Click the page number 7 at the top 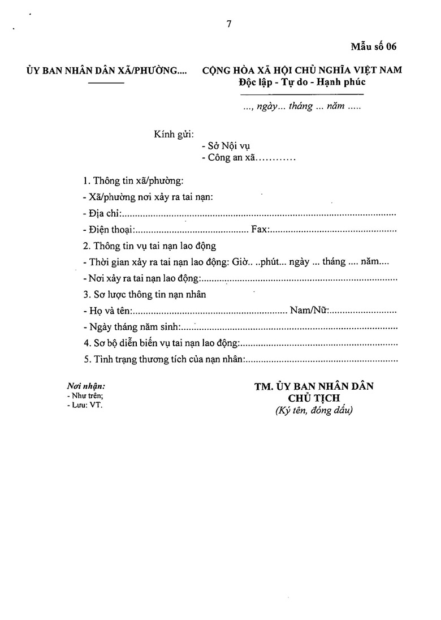pyautogui.click(x=229, y=24)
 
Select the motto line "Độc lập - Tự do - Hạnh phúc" pyautogui.click(x=302, y=82)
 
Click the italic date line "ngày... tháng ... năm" pyautogui.click(x=302, y=106)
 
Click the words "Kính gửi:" pyautogui.click(x=174, y=135)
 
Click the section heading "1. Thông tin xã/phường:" pyautogui.click(x=133, y=182)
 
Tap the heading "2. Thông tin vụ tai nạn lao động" pyautogui.click(x=149, y=247)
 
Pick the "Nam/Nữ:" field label pyautogui.click(x=309, y=311)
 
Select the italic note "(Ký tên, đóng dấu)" pyautogui.click(x=314, y=411)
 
